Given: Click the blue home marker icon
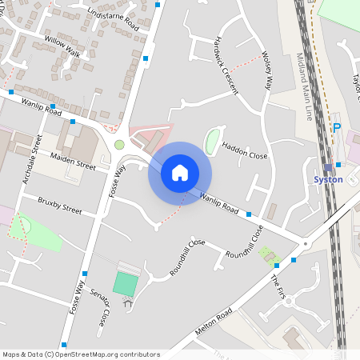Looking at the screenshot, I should (x=180, y=172).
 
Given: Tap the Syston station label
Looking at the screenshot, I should (x=328, y=179).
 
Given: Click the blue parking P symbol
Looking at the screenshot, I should (x=337, y=127).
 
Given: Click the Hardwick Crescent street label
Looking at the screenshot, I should (x=226, y=65).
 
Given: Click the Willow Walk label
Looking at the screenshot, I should (x=63, y=46).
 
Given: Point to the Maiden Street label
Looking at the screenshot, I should (x=73, y=161).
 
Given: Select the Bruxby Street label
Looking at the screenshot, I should (x=60, y=204).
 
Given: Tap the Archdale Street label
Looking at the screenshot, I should (x=32, y=160).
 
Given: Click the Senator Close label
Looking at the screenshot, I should (x=100, y=310).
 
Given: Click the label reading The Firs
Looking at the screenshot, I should (x=278, y=287).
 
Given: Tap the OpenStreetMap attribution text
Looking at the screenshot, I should (x=81, y=354).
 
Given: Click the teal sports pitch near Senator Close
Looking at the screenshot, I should (x=125, y=282).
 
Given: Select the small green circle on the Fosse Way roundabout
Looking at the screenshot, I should (x=119, y=145).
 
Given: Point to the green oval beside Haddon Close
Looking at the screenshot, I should (x=211, y=141).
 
